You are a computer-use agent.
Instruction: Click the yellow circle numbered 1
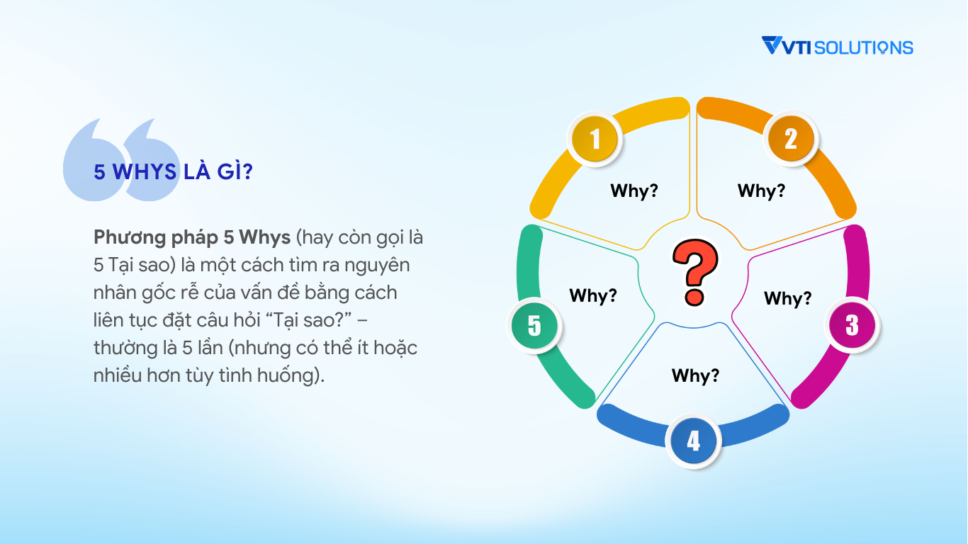click(595, 139)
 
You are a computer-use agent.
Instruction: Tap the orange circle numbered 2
click(791, 139)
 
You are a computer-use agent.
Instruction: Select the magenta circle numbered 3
click(852, 325)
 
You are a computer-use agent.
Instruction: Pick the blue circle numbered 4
click(693, 441)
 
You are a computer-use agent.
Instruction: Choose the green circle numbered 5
click(534, 325)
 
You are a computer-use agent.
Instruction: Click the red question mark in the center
click(695, 273)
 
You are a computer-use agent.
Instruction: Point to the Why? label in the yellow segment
click(634, 191)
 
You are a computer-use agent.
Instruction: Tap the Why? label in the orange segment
click(761, 191)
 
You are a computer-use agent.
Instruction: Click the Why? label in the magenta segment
click(788, 298)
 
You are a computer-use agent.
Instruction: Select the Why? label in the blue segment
click(695, 375)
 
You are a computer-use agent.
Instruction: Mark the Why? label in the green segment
click(593, 295)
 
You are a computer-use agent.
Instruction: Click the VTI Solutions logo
click(837, 46)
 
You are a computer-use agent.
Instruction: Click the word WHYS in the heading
click(145, 171)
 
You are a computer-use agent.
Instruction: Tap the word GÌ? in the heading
click(235, 171)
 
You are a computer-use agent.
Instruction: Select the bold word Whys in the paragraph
click(265, 238)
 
